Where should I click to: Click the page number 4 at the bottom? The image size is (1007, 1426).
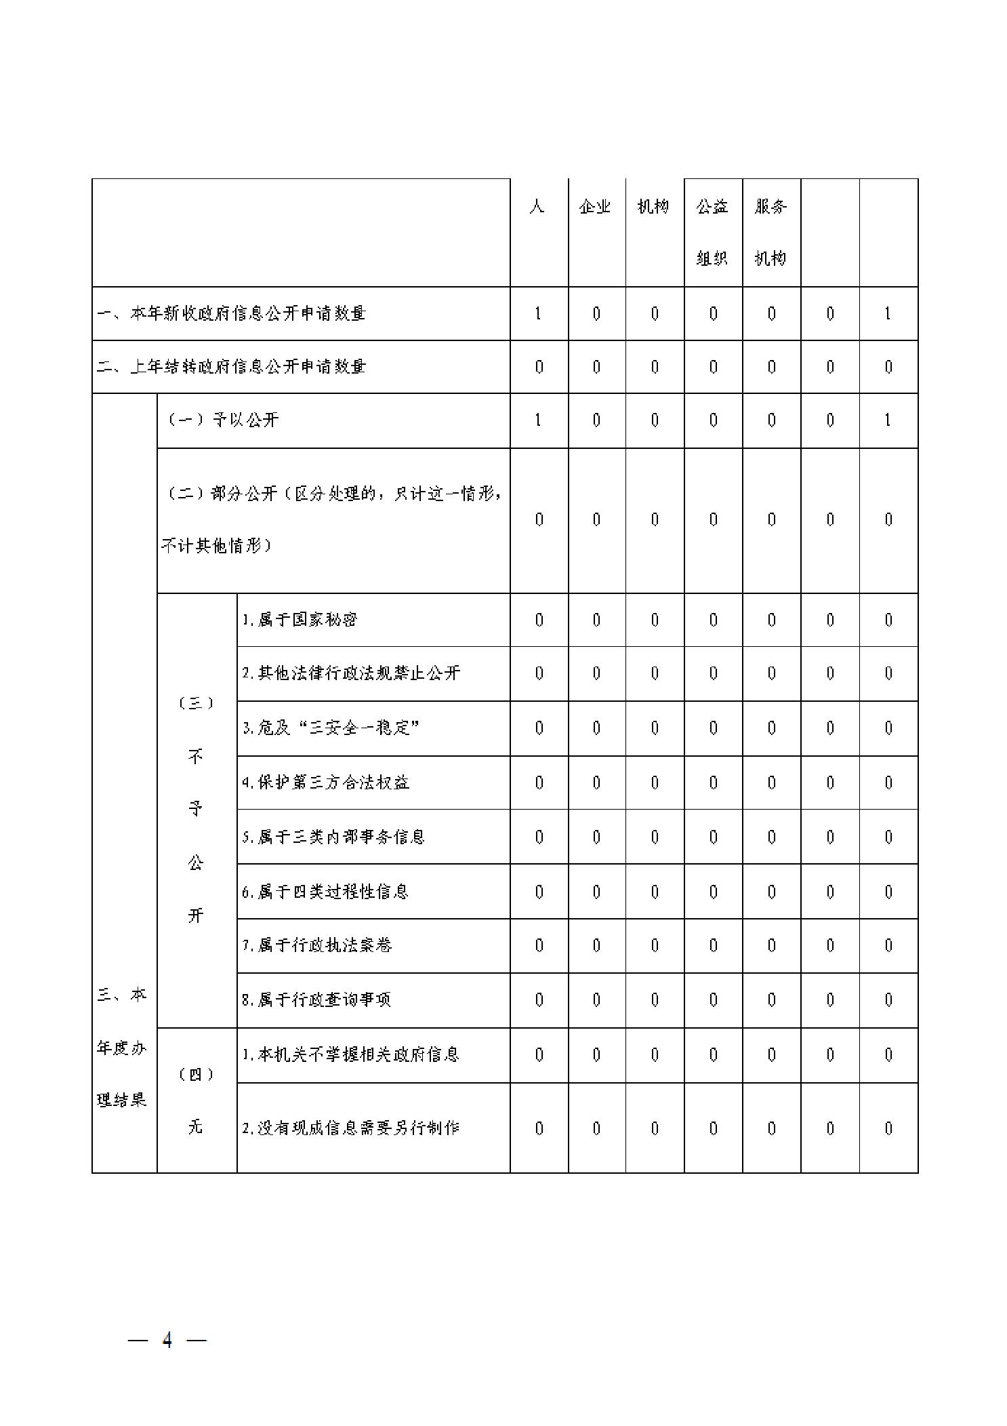[167, 1340]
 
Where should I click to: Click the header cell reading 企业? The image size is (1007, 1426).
[596, 207]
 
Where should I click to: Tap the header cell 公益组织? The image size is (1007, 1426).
[712, 232]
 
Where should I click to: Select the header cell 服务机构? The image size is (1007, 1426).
[770, 232]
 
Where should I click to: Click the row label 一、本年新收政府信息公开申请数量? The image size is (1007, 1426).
[231, 313]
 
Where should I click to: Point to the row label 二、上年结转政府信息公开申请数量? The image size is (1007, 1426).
[231, 367]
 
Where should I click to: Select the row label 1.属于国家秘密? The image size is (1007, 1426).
[300, 620]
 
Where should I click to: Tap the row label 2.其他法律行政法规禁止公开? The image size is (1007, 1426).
[351, 673]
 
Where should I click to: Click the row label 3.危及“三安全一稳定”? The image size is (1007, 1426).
[331, 728]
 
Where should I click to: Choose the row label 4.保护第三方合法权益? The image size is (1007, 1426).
[326, 783]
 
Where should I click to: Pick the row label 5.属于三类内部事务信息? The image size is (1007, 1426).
[333, 837]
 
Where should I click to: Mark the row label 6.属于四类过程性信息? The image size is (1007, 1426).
[325, 892]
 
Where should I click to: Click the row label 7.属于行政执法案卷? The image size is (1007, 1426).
[317, 945]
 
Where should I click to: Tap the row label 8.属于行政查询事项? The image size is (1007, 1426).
[316, 999]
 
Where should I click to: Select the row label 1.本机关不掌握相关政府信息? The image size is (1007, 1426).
[350, 1054]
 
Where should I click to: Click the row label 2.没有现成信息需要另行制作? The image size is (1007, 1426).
[351, 1128]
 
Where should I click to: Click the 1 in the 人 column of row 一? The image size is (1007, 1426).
[539, 313]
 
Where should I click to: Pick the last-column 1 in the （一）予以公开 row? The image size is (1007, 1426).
[888, 420]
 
